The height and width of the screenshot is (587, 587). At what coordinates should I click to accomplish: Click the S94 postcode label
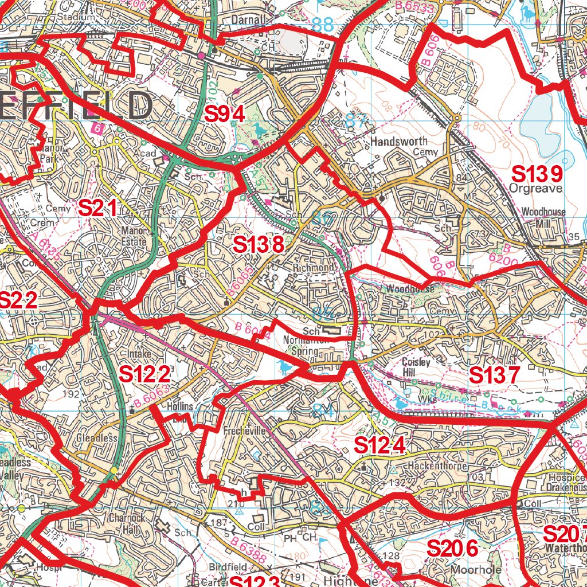pyautogui.click(x=225, y=115)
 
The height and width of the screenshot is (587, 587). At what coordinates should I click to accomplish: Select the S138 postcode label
pyautogui.click(x=259, y=245)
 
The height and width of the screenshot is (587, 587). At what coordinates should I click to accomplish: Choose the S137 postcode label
pyautogui.click(x=494, y=375)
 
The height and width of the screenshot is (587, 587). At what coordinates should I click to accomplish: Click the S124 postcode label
pyautogui.click(x=380, y=445)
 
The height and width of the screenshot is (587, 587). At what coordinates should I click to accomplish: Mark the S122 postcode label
pyautogui.click(x=145, y=374)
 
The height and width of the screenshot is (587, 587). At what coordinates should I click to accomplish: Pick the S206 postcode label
pyautogui.click(x=452, y=549)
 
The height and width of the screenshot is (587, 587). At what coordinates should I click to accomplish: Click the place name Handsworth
pyautogui.click(x=399, y=141)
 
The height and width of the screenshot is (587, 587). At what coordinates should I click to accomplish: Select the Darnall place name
pyautogui.click(x=249, y=20)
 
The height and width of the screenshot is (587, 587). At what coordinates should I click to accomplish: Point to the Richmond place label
pyautogui.click(x=312, y=268)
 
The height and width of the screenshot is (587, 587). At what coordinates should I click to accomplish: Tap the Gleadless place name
pyautogui.click(x=96, y=438)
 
